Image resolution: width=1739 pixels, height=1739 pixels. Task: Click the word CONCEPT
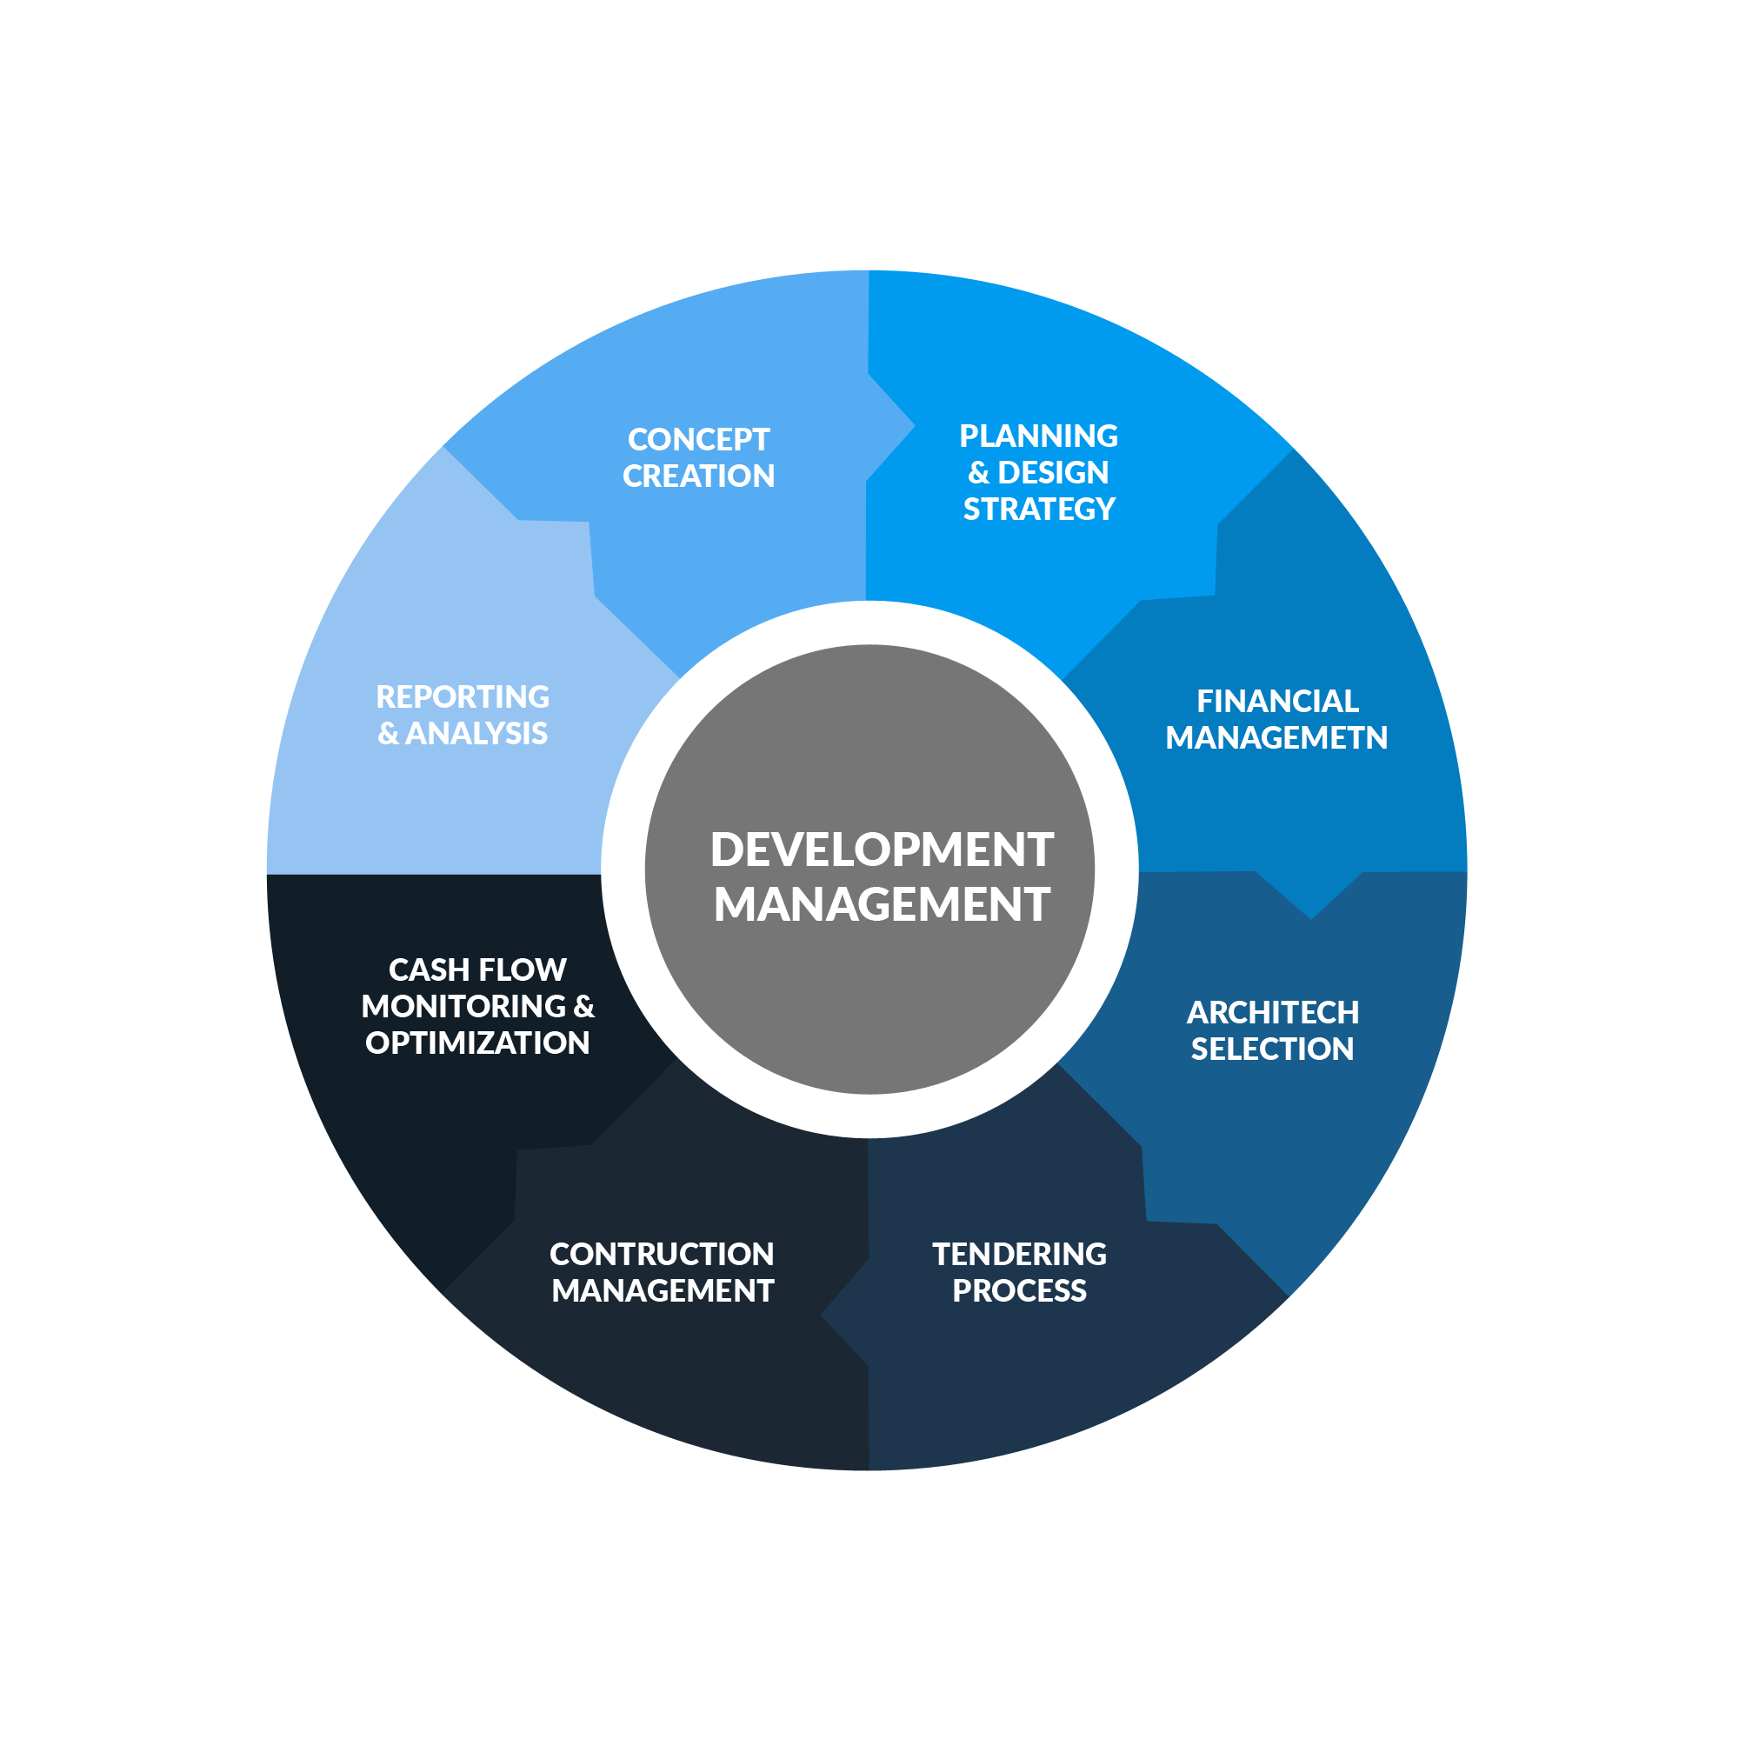pos(698,439)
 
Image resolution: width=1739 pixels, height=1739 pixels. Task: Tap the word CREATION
pos(698,476)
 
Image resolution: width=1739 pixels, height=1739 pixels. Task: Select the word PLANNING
pos(1038,436)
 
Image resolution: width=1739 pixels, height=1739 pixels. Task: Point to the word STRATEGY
pos(1039,510)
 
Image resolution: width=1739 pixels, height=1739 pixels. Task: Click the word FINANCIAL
pos(1276,701)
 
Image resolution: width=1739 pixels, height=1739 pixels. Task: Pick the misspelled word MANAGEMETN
pos(1276,738)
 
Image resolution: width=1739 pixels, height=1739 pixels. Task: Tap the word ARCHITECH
pos(1272,1013)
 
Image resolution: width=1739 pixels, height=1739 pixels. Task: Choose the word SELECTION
pos(1272,1049)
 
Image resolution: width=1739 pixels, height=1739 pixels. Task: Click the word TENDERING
pos(1019,1254)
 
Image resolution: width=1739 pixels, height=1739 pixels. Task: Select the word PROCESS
pos(1019,1290)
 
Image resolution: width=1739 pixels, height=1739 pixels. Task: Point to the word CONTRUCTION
pos(662,1254)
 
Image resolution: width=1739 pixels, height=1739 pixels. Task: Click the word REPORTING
pos(463,696)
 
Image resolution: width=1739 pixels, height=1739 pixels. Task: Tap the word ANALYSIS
pos(476,734)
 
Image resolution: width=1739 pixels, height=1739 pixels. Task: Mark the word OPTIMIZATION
pos(477,1043)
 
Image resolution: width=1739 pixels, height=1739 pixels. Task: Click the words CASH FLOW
pos(477,969)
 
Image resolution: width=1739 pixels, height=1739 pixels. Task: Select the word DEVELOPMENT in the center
pos(881,850)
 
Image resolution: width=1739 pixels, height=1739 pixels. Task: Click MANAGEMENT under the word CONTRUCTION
pos(663,1290)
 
